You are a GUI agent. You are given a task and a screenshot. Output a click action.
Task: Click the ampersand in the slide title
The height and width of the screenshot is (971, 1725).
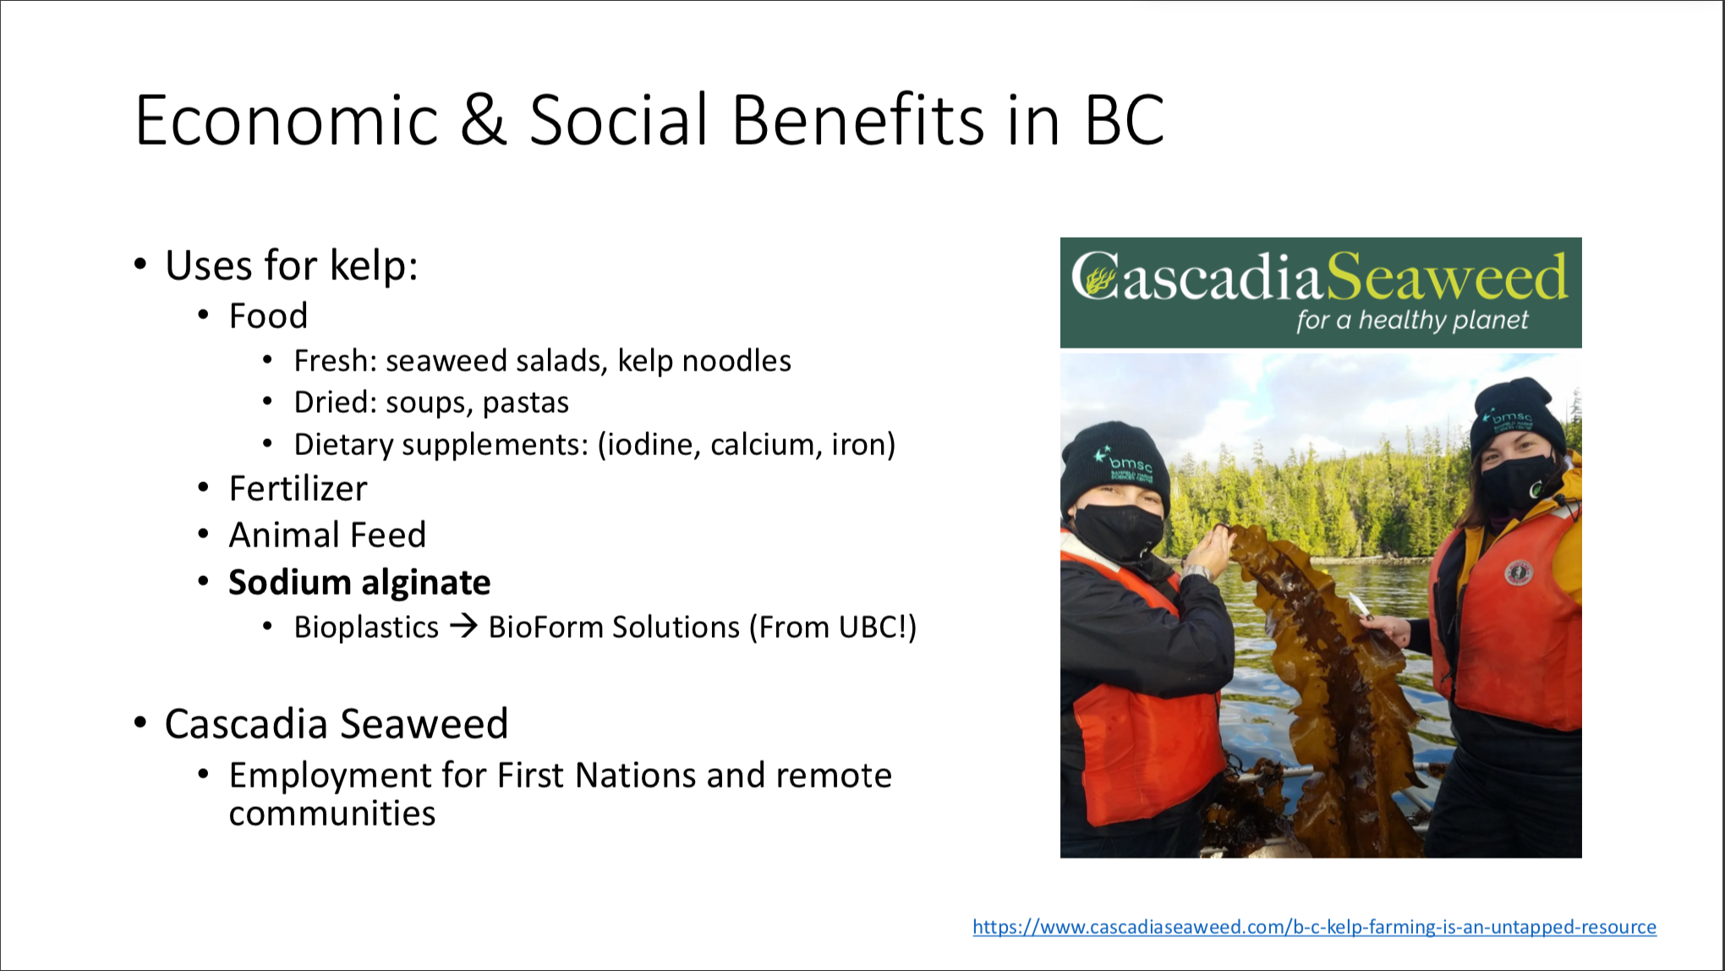(484, 120)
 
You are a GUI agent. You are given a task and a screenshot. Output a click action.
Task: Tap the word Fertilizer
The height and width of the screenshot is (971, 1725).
(298, 489)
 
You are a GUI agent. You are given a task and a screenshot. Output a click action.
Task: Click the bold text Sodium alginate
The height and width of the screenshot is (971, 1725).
(359, 583)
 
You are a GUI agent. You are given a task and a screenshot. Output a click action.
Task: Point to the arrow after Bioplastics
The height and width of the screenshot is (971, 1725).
(463, 627)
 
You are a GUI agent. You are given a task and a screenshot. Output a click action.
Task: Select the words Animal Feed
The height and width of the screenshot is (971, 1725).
(327, 535)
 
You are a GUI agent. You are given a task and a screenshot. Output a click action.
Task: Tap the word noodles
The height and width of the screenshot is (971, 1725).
(737, 361)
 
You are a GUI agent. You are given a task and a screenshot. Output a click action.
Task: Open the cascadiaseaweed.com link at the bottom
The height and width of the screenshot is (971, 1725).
(1314, 927)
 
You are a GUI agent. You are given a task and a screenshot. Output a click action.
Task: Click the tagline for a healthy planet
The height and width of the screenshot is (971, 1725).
(1412, 321)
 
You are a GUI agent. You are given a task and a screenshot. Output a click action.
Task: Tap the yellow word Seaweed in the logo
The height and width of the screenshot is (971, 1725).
(1447, 277)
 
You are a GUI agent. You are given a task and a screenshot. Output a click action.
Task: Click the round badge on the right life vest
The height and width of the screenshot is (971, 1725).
(1519, 573)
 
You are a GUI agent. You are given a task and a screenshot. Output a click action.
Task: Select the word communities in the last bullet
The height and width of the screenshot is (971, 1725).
(332, 814)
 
